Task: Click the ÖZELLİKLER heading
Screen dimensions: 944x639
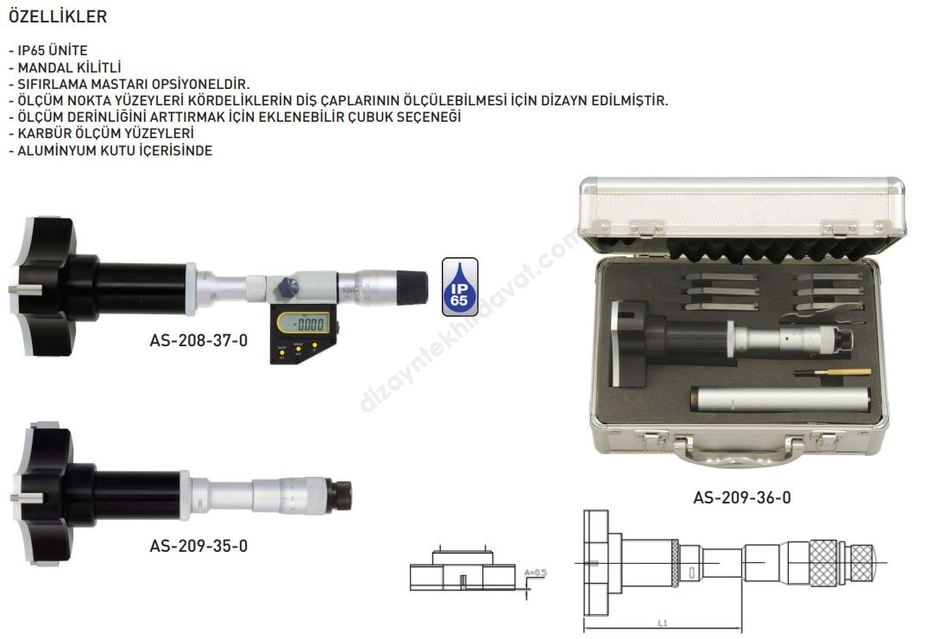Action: coord(58,16)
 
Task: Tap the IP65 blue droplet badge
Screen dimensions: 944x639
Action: coord(460,287)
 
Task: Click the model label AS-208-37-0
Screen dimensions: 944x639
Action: coord(198,341)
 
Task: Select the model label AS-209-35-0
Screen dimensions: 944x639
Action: coord(198,547)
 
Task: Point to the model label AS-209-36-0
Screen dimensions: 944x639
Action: coord(742,498)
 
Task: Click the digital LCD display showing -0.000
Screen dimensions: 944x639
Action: coord(303,324)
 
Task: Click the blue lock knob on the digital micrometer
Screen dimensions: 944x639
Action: coord(288,287)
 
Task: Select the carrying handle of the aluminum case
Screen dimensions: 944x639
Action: coord(739,452)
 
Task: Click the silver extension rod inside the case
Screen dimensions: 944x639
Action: coord(780,399)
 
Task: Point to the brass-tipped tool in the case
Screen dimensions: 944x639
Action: coord(832,373)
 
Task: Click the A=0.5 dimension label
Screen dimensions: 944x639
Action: coord(535,573)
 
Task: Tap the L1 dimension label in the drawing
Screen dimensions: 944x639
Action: coord(662,623)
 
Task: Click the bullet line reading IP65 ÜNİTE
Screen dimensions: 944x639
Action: coord(48,51)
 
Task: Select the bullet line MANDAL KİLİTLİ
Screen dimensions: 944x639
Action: coord(65,67)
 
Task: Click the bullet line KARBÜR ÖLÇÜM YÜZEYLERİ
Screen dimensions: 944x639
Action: coord(101,134)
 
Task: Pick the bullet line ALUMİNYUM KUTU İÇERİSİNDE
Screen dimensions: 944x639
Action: coord(110,150)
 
